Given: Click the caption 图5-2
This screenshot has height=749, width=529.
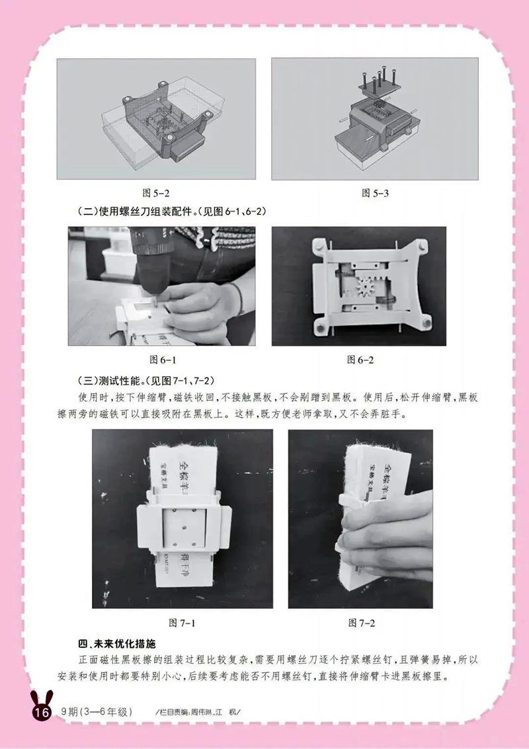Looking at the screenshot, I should click(x=157, y=193).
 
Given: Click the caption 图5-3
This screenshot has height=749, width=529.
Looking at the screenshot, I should click(x=375, y=193).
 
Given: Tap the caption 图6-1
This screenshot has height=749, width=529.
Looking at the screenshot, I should click(x=161, y=360).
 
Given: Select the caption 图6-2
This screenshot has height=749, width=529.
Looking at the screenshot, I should click(x=361, y=360).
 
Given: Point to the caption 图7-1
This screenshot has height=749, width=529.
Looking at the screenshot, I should click(x=183, y=623).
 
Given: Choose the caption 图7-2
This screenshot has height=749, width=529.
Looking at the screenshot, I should click(x=362, y=623).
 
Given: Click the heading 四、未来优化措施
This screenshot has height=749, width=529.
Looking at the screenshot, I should click(x=116, y=644).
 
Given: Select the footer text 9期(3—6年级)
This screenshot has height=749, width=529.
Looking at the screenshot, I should click(x=97, y=712).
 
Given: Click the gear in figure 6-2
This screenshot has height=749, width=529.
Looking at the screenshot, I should click(x=366, y=288).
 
